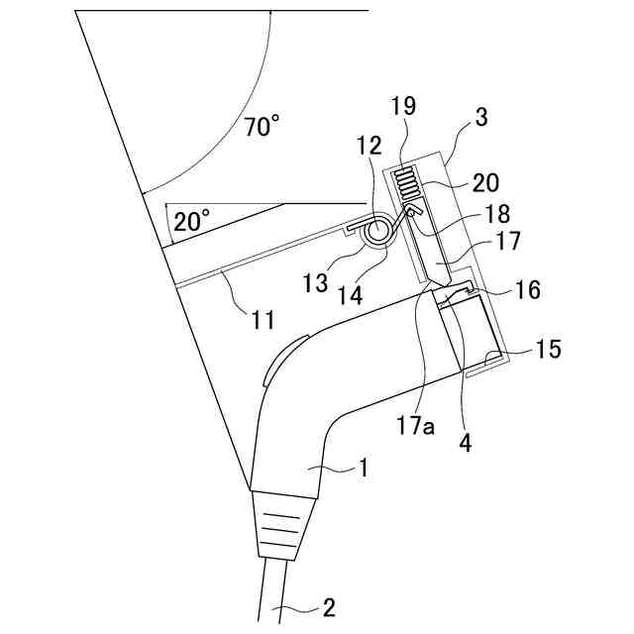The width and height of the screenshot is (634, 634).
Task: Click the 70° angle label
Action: [262, 128]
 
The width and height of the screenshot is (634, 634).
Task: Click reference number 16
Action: [527, 290]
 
